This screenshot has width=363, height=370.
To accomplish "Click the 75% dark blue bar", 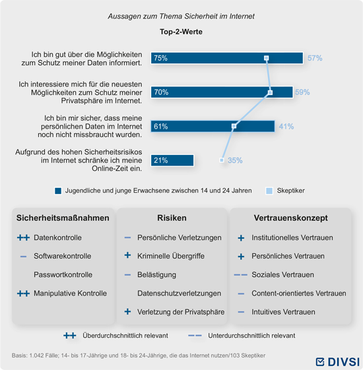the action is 227,58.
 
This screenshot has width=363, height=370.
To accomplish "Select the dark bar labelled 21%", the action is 172,160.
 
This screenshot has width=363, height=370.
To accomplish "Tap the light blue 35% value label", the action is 235,160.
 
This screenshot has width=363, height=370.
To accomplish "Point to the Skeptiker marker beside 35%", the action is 222,160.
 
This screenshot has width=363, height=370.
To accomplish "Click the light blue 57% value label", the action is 315,58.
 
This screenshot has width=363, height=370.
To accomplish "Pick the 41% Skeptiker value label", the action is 286,127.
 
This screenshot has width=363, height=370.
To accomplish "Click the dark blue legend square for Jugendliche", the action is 58,191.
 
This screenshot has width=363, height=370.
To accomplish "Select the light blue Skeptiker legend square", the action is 269,191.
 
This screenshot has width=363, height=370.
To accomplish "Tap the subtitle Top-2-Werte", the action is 181,32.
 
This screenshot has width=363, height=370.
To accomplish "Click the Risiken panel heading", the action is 172,218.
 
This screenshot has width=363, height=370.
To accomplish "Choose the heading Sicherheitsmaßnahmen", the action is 63,218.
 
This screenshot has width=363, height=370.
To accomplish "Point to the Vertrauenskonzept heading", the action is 291,218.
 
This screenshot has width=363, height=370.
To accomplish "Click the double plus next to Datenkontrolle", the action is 23,237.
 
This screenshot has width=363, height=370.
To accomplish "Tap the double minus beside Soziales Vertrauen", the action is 241,275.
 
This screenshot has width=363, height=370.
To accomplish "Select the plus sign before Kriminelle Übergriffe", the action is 127,255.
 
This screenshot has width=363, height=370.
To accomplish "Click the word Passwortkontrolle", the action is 63,274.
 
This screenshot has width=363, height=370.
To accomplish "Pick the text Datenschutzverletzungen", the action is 180,293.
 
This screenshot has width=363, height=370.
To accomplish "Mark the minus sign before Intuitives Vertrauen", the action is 241,312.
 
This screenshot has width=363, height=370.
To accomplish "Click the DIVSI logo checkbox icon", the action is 320,361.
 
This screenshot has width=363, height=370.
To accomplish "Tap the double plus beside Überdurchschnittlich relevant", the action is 70,336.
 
